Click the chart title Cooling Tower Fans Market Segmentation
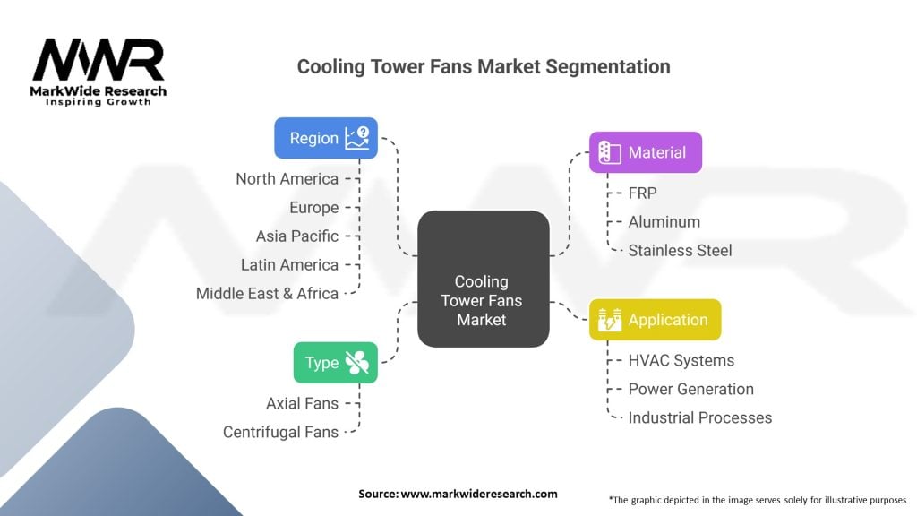484,66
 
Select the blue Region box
326,138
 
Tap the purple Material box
645,152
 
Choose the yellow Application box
655,320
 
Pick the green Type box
335,363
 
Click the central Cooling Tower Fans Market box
484,279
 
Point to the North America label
287,179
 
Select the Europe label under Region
313,208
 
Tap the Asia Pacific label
297,236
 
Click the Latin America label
289,265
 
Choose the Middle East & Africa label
267,294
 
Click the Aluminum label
664,221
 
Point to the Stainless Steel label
680,250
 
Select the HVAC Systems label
681,360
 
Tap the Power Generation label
690,389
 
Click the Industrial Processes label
699,417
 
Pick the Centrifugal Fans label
280,432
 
